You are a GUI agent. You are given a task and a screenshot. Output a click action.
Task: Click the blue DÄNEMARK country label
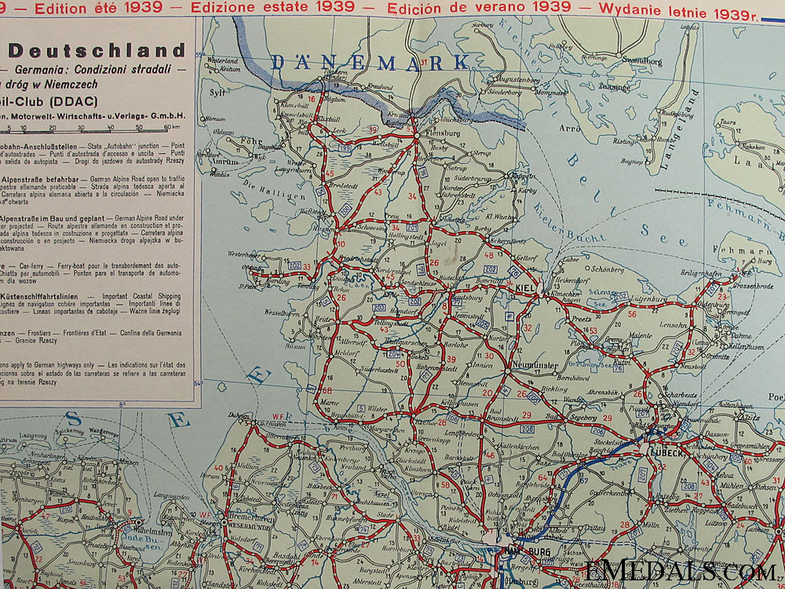pyautogui.click(x=370, y=62)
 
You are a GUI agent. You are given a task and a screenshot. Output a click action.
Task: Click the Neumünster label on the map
pyautogui.click(x=510, y=365)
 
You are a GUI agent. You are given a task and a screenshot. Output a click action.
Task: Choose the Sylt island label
pyautogui.click(x=217, y=92)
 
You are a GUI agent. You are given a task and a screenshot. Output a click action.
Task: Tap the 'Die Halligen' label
pyautogui.click(x=261, y=188)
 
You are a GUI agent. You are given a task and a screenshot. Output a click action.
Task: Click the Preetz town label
pyautogui.click(x=582, y=319)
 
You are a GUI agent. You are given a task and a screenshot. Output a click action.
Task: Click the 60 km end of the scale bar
pyautogui.click(x=166, y=126)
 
